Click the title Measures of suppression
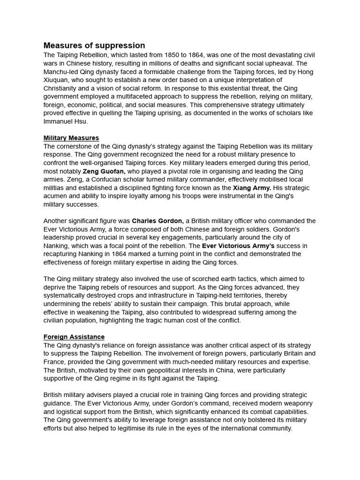coord(94,45)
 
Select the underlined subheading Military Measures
coord(71,138)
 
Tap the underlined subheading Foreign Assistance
coord(74,337)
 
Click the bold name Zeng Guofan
coord(104,171)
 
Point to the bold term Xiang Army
coord(252,188)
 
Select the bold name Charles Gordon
coord(157,221)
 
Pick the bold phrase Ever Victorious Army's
coord(239,246)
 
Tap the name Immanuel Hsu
coord(66,121)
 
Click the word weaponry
coord(295,403)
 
